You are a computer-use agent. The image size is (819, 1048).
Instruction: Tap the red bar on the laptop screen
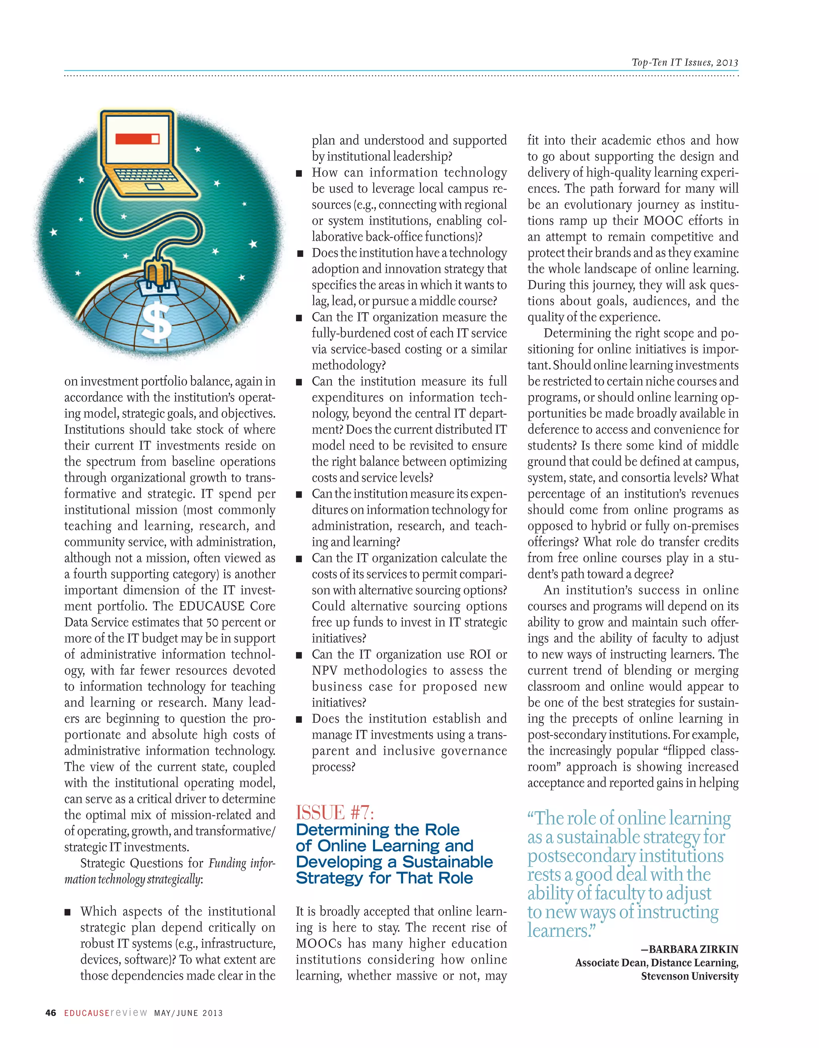pos(137,139)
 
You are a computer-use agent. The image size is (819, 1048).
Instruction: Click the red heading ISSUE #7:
pos(334,813)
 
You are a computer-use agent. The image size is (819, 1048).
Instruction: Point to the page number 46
pos(50,1013)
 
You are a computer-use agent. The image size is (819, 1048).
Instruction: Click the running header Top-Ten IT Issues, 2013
pos(685,62)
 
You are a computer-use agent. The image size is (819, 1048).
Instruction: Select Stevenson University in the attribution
pos(689,976)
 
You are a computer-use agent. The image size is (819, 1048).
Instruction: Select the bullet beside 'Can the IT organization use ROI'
pos(300,655)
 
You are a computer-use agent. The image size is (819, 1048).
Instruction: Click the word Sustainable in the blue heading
pos(447,862)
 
